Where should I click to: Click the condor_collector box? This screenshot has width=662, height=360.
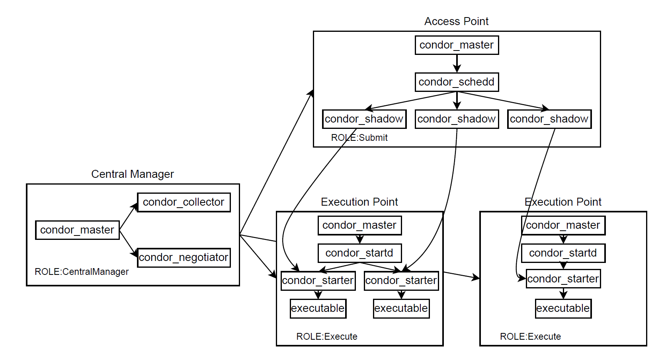tap(184, 202)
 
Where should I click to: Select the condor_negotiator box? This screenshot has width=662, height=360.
tap(184, 257)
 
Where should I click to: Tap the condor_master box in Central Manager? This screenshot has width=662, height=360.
tap(77, 230)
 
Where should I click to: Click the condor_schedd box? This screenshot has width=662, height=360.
tap(457, 82)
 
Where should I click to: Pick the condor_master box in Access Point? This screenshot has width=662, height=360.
tap(457, 45)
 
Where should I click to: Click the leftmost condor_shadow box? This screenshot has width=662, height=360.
tap(364, 119)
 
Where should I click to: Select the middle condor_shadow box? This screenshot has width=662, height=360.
tap(457, 119)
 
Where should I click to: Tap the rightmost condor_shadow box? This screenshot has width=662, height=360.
tap(549, 119)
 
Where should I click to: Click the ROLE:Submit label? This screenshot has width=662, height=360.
tap(359, 138)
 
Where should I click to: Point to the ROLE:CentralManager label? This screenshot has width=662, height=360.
tap(82, 272)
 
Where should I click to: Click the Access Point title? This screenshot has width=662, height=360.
tap(456, 21)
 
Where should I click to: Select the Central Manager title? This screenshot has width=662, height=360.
tap(132, 174)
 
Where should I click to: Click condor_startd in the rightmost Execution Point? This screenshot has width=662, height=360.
tap(563, 253)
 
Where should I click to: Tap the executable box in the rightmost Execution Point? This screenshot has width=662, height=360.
tap(563, 308)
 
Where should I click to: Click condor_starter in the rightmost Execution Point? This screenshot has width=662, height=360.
tap(563, 279)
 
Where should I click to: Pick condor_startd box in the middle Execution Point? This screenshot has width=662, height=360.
tap(359, 253)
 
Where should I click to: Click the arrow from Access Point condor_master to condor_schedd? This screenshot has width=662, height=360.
tap(457, 63)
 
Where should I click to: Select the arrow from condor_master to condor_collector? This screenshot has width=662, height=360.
tap(128, 217)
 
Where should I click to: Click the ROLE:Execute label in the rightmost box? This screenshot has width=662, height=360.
tap(530, 337)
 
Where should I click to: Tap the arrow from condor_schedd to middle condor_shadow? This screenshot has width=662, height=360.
tap(457, 100)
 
